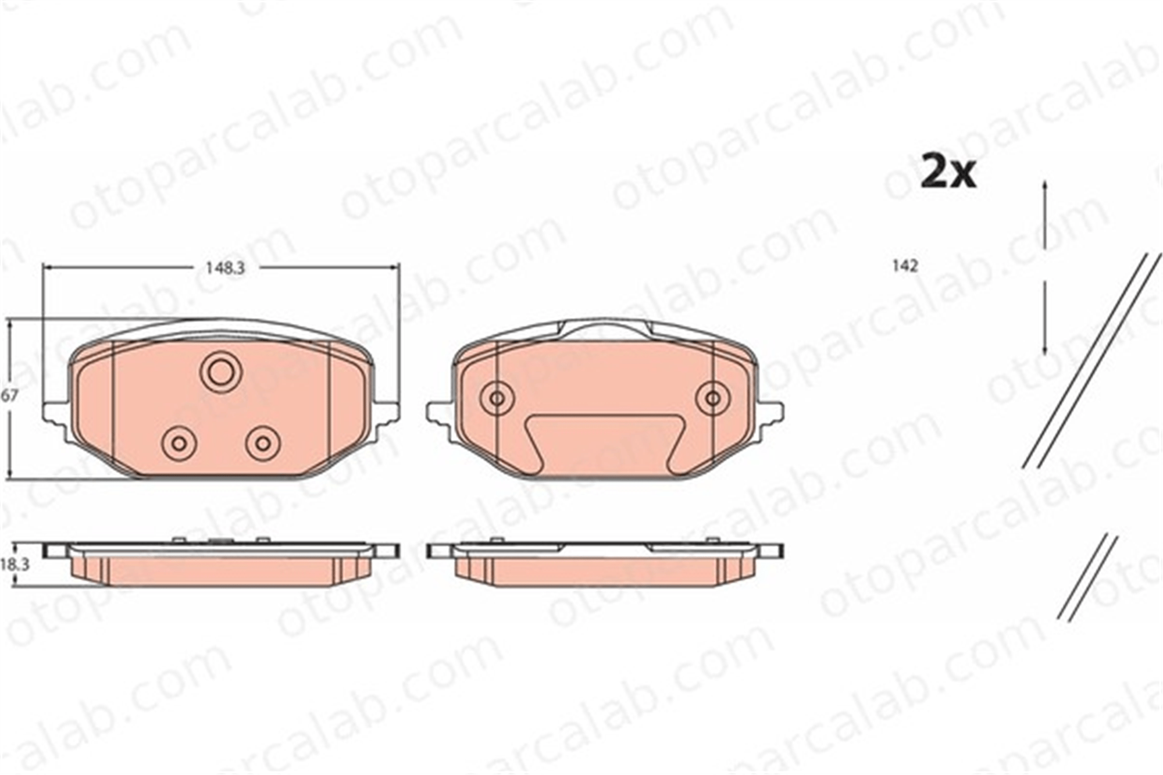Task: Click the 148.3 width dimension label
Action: [x=225, y=268]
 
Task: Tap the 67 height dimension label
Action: [x=9, y=396]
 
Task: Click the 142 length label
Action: [x=905, y=266]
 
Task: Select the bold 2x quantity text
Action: [x=948, y=172]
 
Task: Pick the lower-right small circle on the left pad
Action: [x=263, y=444]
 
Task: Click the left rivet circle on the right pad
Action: [x=497, y=398]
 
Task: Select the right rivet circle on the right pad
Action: [x=713, y=398]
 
